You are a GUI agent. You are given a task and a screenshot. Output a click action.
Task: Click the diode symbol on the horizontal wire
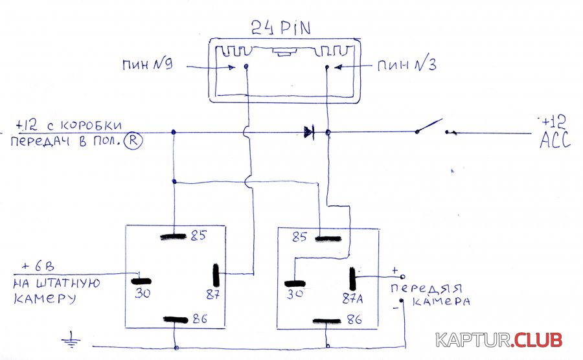tap(309, 133)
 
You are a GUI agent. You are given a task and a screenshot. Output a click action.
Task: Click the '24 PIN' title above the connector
tap(280, 28)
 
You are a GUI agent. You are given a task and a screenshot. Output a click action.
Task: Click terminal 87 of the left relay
tap(216, 277)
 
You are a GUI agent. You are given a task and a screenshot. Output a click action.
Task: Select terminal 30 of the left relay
tap(142, 282)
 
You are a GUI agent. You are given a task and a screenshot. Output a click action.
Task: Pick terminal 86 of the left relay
tap(176, 319)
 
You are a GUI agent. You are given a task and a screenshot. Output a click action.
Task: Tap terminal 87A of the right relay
tap(354, 279)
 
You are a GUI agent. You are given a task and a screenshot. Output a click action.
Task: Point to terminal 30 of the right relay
tap(295, 283)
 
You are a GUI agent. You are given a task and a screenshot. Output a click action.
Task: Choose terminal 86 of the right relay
tap(327, 320)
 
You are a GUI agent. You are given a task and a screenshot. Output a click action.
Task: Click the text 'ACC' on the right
tap(555, 141)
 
